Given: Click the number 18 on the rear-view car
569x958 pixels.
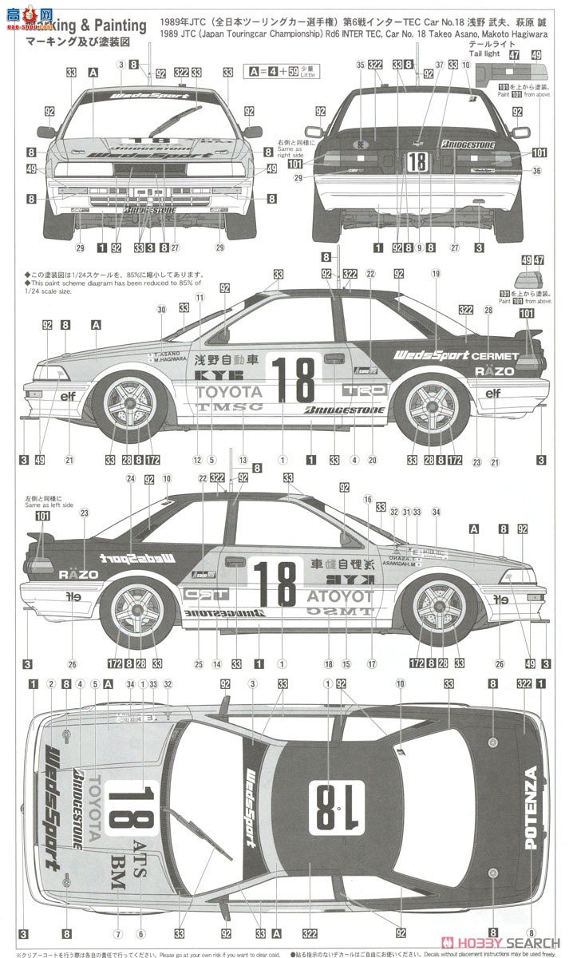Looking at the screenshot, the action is click(417, 161).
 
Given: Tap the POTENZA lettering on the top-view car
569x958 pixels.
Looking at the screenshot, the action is click(531, 807).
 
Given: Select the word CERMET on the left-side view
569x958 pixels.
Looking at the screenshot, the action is click(495, 355).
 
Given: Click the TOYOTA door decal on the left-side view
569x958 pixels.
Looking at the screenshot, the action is click(229, 391).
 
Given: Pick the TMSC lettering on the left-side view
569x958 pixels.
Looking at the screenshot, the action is click(230, 406).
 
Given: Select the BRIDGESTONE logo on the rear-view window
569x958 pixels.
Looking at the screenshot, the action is click(468, 144).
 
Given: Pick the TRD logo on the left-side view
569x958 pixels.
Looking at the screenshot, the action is click(364, 390).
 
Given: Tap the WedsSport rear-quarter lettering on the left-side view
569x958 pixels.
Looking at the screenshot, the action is click(431, 354).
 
